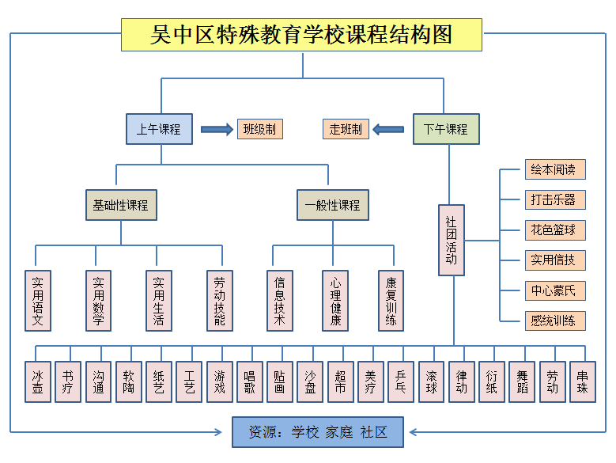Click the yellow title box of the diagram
pyautogui.click(x=301, y=35)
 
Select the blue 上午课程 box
pyautogui.click(x=159, y=129)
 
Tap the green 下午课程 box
pyautogui.click(x=446, y=129)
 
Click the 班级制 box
pyautogui.click(x=260, y=129)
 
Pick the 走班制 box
pyautogui.click(x=346, y=129)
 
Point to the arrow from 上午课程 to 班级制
pyautogui.click(x=217, y=129)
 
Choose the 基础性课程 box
pyautogui.click(x=120, y=205)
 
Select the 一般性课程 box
pyautogui.click(x=332, y=205)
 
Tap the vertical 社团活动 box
pyautogui.click(x=451, y=240)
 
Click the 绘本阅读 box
pyautogui.click(x=555, y=169)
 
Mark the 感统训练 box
pyautogui.click(x=555, y=321)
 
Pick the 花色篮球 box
pyautogui.click(x=555, y=230)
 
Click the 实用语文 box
pyautogui.click(x=37, y=301)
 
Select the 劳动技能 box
pyautogui.click(x=220, y=301)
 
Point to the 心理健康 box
pyautogui.click(x=335, y=301)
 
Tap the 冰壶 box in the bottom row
pyautogui.click(x=37, y=382)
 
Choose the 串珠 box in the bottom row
pyautogui.click(x=583, y=382)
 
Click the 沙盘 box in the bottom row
pyautogui.click(x=310, y=382)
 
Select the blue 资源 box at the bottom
pyautogui.click(x=318, y=432)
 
